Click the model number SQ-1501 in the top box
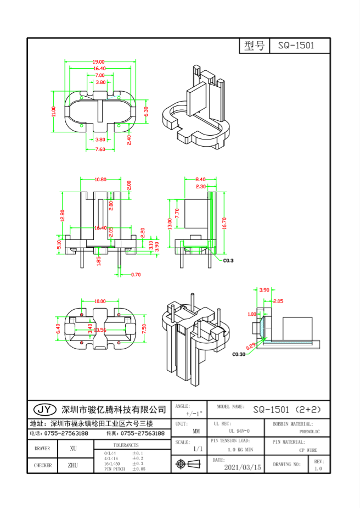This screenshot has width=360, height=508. point(296,46)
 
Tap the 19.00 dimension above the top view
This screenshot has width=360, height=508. point(99,62)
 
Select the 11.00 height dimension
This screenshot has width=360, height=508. point(54,112)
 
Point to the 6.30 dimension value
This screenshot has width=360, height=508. point(145,110)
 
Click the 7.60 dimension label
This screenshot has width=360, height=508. point(100,149)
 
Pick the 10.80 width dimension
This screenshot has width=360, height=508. point(100,180)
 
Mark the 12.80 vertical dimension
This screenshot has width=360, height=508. point(63,216)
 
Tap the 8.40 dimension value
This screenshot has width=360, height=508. point(200,180)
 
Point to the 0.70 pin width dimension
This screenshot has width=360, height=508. point(136,274)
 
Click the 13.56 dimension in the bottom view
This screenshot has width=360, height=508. point(100,330)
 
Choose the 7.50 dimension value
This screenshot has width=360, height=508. point(144,328)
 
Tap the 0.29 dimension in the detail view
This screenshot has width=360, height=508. point(251,346)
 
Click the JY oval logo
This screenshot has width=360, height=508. point(45,409)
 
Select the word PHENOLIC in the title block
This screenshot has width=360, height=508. point(310,432)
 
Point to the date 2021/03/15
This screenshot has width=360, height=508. point(243,467)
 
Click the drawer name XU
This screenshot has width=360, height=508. point(73,448)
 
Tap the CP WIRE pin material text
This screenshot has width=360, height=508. point(308,450)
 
